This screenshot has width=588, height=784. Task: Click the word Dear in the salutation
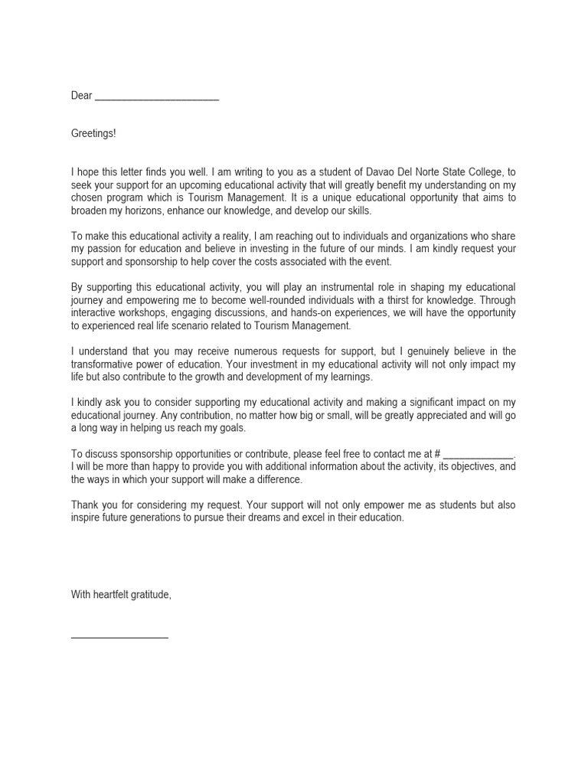point(81,96)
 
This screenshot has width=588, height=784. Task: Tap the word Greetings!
point(93,134)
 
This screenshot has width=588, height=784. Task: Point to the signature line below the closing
point(119,636)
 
